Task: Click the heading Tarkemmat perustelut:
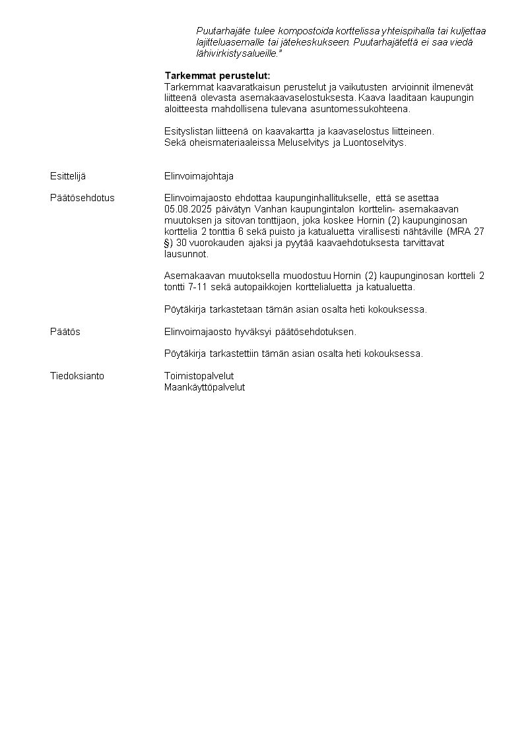(x=217, y=76)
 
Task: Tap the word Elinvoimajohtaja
(x=199, y=176)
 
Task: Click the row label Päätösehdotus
(x=82, y=198)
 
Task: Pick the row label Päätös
(x=65, y=332)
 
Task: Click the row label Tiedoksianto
(x=77, y=376)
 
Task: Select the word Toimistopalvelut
(x=199, y=376)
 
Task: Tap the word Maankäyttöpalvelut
(x=205, y=387)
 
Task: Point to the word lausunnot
(x=185, y=254)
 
